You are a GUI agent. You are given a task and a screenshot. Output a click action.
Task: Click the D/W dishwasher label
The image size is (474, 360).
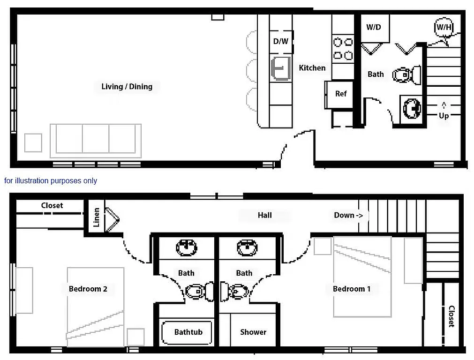pos(281,41)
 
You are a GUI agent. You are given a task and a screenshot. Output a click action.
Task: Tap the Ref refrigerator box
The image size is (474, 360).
pos(341,94)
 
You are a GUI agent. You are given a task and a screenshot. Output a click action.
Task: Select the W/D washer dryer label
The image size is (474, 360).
pos(374,27)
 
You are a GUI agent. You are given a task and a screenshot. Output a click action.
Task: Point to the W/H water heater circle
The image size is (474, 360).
pos(444,27)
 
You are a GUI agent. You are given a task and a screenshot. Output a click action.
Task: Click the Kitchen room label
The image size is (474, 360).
pos(312,68)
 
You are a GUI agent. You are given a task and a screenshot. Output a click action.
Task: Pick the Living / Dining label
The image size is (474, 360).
pos(127,86)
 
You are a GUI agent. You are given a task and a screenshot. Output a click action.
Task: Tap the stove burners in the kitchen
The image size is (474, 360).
pos(343,49)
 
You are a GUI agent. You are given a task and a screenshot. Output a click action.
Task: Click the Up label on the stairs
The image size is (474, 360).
pos(444,115)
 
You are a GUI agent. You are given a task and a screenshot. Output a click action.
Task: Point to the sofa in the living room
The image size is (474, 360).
pos(96,140)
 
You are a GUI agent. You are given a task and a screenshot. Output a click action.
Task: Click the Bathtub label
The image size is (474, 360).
pos(188,332)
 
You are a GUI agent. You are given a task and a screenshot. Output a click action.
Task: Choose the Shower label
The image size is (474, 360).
pos(253,332)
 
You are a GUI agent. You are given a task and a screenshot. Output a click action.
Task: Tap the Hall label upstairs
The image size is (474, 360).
pos(265,215)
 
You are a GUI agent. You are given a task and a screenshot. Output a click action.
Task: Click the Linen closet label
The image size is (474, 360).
pos(97,217)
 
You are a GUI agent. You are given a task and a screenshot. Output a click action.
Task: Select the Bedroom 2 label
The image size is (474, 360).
pos(88,289)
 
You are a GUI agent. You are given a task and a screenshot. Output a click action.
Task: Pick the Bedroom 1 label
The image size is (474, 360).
pos(352,289)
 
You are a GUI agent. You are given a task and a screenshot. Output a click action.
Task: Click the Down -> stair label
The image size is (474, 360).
pos(348,215)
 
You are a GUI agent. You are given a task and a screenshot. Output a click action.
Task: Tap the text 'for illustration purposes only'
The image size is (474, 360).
pos(51,180)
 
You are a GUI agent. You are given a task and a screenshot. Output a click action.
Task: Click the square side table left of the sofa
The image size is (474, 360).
pos(33,142)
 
